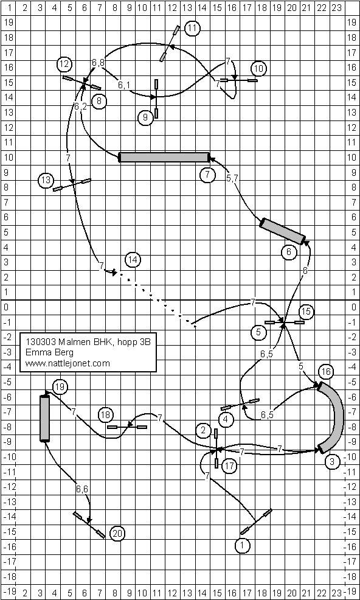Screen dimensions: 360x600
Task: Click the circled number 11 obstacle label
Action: point(192,28)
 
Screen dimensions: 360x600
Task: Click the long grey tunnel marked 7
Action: point(164,157)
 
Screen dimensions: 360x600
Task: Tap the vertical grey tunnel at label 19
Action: point(45,418)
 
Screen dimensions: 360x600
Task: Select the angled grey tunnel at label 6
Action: point(283,231)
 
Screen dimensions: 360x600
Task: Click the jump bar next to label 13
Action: point(72,184)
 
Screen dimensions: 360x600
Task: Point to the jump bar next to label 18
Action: point(127,427)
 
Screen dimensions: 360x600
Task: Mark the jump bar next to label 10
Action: point(238,80)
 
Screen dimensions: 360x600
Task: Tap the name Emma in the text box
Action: point(35,352)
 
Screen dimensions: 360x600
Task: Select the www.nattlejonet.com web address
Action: point(67,363)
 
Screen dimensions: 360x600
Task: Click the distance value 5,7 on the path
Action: point(232,178)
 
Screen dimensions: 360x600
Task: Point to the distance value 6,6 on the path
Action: point(82,489)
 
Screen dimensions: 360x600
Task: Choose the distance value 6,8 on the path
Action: point(99,61)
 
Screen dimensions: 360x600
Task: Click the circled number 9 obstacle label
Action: point(145,118)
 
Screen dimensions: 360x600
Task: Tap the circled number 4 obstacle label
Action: point(227,419)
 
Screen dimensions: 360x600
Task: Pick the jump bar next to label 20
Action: point(89,525)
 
